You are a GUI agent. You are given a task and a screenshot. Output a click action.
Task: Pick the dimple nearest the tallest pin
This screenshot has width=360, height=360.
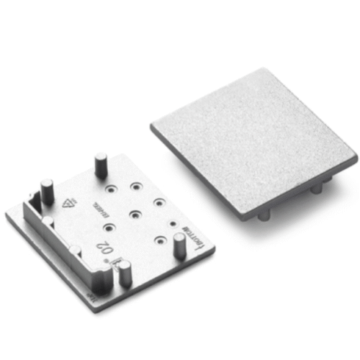(x=111, y=189)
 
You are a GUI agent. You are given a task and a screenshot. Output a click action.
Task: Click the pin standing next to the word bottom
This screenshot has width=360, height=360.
(x=178, y=245)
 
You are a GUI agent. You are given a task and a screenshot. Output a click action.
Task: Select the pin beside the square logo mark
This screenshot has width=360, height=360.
(x=125, y=271)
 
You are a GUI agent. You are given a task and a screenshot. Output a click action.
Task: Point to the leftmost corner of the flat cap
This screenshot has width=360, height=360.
(x=153, y=127)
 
